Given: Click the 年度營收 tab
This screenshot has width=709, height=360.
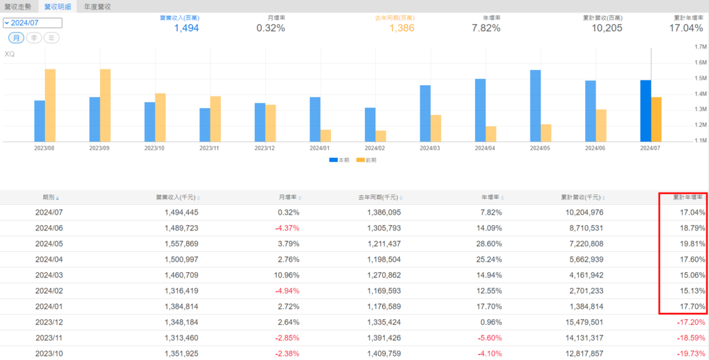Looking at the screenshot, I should (97, 6).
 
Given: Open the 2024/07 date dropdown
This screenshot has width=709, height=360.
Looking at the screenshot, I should (33, 23).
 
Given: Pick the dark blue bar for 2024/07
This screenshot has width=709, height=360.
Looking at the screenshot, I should (645, 111).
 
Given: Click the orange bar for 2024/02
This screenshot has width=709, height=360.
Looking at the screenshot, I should (381, 136).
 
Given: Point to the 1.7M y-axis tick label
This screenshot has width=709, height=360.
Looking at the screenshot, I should (699, 47).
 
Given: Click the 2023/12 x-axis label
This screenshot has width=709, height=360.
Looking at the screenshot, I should (264, 147).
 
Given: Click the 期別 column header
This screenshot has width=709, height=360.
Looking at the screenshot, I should (50, 197).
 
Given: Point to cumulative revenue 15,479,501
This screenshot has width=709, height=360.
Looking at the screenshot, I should (578, 323).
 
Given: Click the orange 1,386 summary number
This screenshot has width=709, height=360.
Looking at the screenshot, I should (401, 28).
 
